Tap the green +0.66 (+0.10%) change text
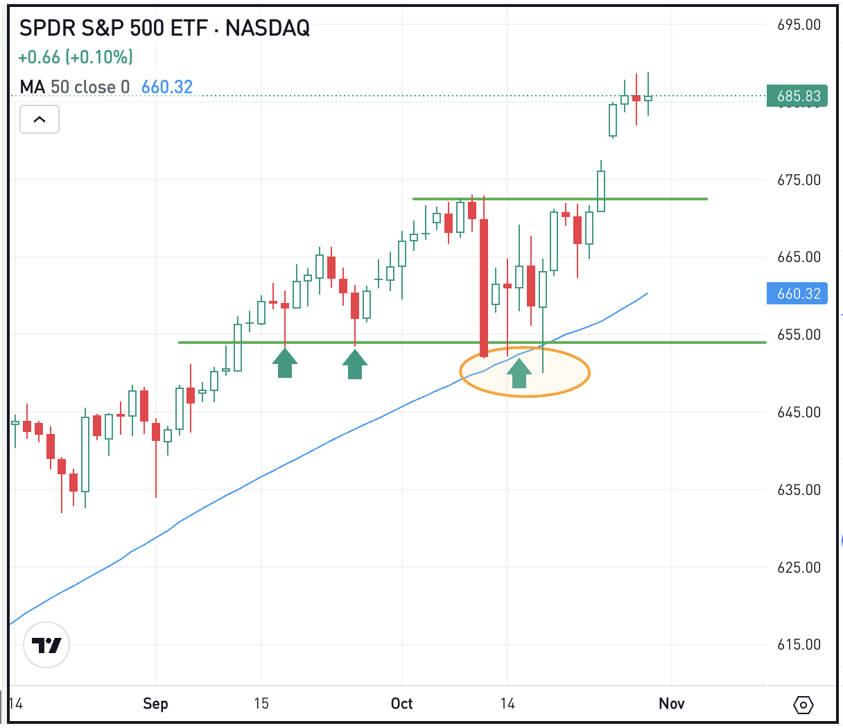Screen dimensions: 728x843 click(76, 57)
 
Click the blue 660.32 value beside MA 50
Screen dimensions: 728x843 click(167, 87)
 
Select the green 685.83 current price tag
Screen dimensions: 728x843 click(798, 96)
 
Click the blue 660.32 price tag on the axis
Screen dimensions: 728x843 click(798, 294)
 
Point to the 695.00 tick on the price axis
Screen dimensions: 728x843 click(799, 25)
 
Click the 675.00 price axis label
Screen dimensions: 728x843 click(799, 180)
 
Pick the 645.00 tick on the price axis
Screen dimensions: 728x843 click(799, 413)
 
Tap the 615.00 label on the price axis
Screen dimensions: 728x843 click(799, 645)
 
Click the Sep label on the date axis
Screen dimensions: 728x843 click(155, 704)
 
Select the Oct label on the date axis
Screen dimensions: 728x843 click(401, 704)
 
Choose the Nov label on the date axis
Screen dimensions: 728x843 click(671, 704)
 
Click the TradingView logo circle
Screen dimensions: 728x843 click(46, 645)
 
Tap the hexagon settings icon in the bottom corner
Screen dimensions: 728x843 click(803, 706)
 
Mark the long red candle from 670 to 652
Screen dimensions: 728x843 click(484, 288)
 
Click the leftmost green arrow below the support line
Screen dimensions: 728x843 click(285, 363)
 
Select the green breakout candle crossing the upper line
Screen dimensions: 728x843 click(601, 191)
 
